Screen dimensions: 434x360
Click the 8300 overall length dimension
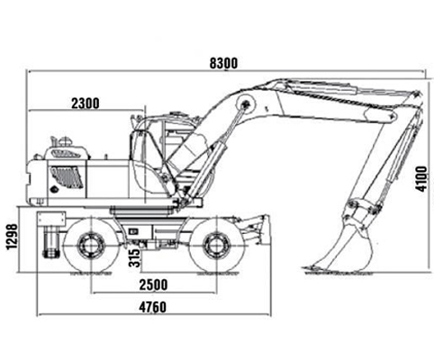223,63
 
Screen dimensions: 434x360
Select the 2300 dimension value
86,103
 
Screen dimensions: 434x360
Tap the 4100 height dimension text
420,179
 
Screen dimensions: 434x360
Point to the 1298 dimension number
13,237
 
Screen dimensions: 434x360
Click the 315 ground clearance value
134,258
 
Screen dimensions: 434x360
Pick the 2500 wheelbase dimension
153,284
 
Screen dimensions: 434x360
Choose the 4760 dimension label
152,307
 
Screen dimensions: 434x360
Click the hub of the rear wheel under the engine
91,246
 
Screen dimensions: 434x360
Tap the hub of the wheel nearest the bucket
216,246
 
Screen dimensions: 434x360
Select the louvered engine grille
67,177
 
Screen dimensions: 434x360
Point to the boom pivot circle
246,103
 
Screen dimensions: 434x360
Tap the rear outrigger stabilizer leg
51,236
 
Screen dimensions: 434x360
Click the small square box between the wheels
133,231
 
